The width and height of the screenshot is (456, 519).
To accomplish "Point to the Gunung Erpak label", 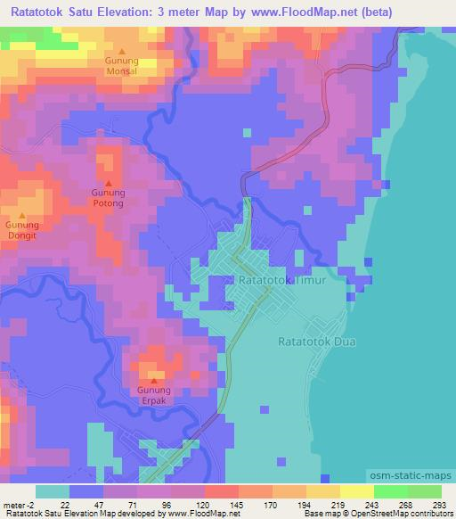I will tap(151, 395).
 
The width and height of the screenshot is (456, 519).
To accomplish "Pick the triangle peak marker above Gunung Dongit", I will tap(23, 215).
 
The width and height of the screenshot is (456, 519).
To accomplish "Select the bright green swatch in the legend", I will tap(390, 491).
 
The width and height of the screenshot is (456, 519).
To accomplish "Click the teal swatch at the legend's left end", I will tap(52, 491).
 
